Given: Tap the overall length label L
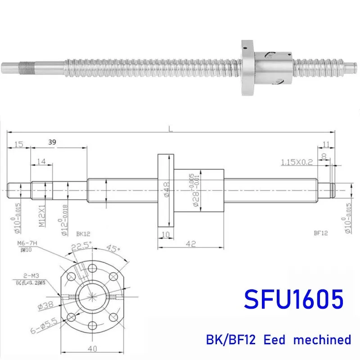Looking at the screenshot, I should tap(170, 129).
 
